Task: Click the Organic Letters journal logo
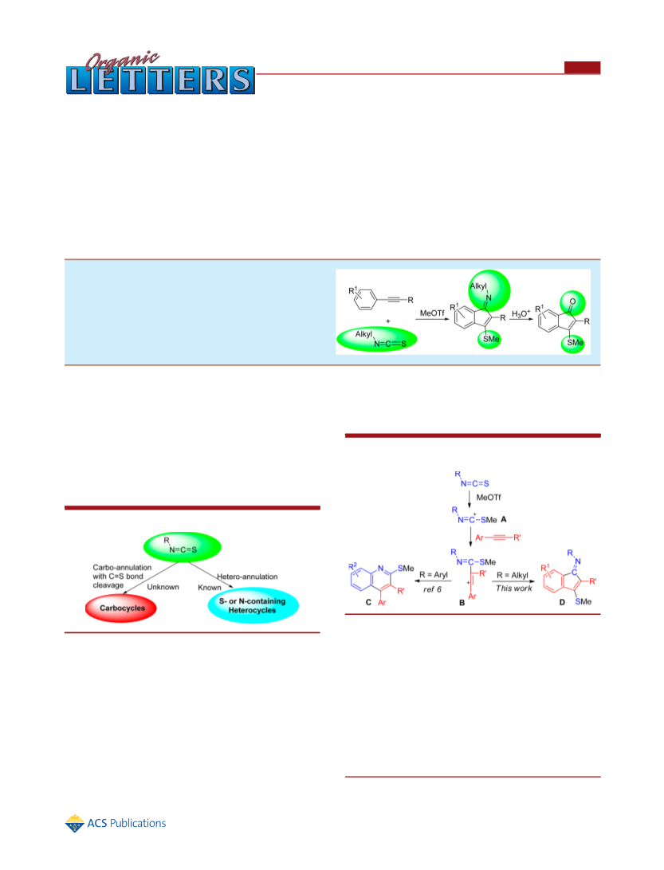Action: [x=159, y=74]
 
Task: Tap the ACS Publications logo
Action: [x=116, y=824]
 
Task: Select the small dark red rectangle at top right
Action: [x=583, y=67]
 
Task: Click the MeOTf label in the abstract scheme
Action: [x=432, y=313]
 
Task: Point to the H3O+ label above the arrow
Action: [x=521, y=314]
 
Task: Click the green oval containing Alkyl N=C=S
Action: [x=377, y=339]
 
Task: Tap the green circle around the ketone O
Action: [x=572, y=303]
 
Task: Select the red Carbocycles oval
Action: [x=121, y=608]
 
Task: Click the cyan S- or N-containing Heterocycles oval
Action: [x=253, y=606]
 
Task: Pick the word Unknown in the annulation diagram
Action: [x=163, y=587]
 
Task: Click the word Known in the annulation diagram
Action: [x=210, y=588]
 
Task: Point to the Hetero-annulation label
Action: [x=247, y=577]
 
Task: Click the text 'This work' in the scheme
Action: [x=513, y=589]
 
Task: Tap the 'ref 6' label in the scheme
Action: [x=432, y=589]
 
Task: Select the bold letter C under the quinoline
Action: [x=368, y=603]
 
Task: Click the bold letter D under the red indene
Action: [x=562, y=603]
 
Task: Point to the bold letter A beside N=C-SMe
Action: [x=504, y=519]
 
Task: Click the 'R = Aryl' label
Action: [x=434, y=575]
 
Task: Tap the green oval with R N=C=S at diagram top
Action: [x=183, y=546]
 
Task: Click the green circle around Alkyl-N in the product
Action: [x=489, y=291]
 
